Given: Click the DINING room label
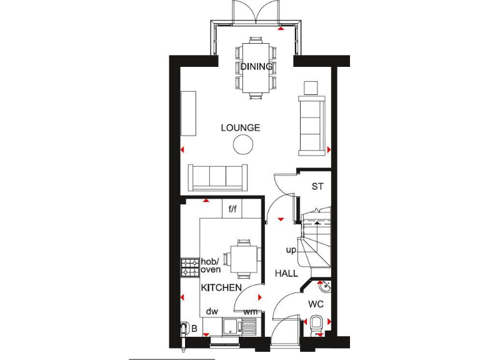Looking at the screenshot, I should tap(256, 67).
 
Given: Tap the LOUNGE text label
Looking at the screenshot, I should tap(240, 128).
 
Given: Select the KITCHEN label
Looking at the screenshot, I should tap(221, 288).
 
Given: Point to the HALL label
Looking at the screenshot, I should tap(286, 274).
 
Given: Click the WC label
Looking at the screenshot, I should tap(316, 305).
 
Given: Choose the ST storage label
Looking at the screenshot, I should tap(317, 187).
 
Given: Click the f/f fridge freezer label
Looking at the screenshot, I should tap(232, 208).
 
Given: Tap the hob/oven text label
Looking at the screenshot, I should tap(211, 266).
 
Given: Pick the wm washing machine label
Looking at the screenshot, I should tap(251, 311).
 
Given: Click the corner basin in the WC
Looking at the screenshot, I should tap(323, 288).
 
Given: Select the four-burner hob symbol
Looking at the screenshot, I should tap(189, 268).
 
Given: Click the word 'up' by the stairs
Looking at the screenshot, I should tap(291, 250).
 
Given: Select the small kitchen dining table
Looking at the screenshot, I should tap(243, 257).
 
